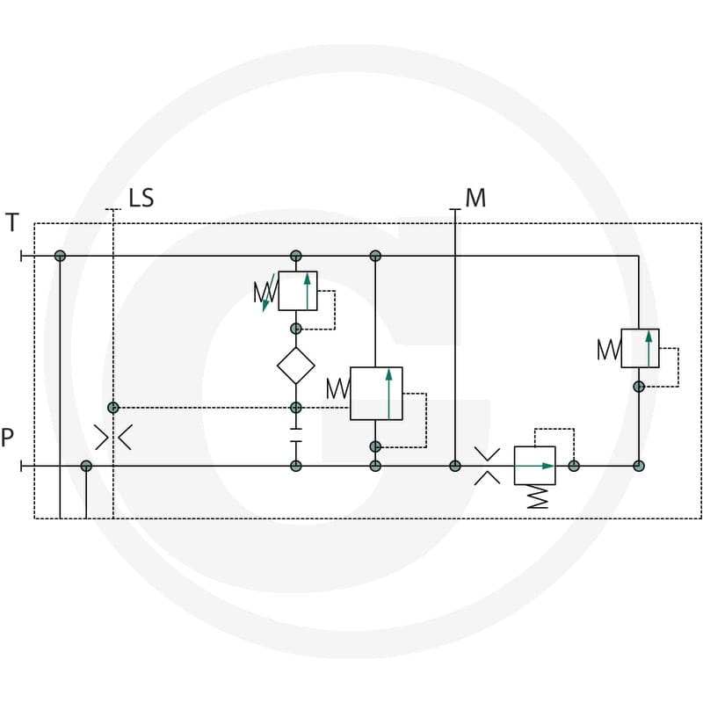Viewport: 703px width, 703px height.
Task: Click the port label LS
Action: click(x=141, y=198)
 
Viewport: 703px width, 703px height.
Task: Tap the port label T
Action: click(x=12, y=222)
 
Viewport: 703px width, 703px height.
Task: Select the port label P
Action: click(x=7, y=438)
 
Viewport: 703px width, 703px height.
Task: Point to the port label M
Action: click(x=475, y=198)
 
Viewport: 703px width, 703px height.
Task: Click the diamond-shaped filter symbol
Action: click(x=296, y=366)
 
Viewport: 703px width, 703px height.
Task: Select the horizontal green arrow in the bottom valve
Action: click(x=534, y=466)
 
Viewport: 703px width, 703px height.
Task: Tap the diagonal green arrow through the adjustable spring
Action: click(x=268, y=293)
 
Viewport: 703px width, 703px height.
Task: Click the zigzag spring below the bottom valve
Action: click(x=538, y=496)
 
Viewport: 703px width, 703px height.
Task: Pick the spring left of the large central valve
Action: click(x=338, y=388)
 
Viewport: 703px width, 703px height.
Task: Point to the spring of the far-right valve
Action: click(x=609, y=349)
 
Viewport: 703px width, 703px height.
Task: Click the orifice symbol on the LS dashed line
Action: click(x=113, y=437)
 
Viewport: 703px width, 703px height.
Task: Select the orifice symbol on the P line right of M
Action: click(x=488, y=466)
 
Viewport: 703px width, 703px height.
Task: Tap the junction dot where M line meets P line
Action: click(x=455, y=466)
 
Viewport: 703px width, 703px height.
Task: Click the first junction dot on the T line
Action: click(x=60, y=256)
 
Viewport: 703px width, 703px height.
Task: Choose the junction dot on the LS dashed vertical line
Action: click(x=113, y=408)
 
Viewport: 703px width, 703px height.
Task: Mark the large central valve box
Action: click(x=376, y=393)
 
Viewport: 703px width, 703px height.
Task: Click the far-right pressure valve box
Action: click(x=640, y=348)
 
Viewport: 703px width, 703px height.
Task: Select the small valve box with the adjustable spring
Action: click(x=298, y=291)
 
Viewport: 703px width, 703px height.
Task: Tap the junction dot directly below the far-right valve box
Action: click(x=639, y=387)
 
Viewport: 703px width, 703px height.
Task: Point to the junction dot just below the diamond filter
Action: click(x=296, y=408)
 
